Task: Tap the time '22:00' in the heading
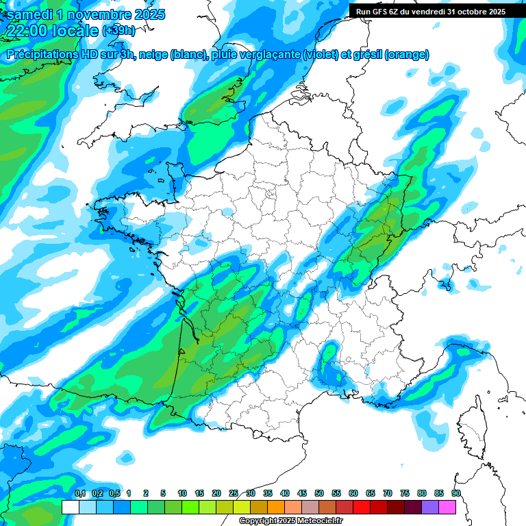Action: [x=25, y=32]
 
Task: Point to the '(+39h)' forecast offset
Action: [x=118, y=32]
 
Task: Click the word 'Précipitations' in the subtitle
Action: [x=47, y=55]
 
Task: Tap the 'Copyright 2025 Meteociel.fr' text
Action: [x=291, y=521]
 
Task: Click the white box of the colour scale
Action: [x=70, y=507]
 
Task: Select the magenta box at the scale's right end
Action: [x=447, y=507]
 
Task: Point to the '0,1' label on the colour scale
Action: [x=80, y=494]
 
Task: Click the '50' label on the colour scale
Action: [x=319, y=494]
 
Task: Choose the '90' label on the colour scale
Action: [x=456, y=494]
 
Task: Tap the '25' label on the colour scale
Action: [x=234, y=494]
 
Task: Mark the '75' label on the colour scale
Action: [x=405, y=494]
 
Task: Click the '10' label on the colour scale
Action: [x=182, y=494]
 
